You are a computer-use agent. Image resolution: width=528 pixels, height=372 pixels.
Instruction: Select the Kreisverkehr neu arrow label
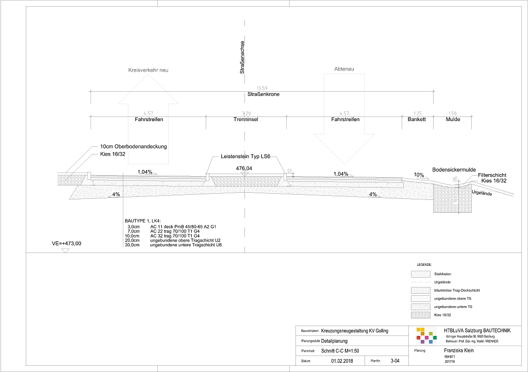148,70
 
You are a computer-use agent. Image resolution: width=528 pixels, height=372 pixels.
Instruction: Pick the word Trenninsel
245,120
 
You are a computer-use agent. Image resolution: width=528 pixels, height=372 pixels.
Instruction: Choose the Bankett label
417,120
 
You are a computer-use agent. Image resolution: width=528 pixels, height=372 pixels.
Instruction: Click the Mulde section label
453,120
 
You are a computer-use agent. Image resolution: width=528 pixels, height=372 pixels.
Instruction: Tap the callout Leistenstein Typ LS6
245,157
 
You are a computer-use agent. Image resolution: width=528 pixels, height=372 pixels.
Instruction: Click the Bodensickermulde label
454,170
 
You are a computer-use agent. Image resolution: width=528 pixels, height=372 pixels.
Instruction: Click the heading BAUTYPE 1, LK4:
146,221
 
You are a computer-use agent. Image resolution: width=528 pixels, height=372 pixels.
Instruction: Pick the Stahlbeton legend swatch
420,274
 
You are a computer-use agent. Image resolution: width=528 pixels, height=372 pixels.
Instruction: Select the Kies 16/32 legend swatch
420,314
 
